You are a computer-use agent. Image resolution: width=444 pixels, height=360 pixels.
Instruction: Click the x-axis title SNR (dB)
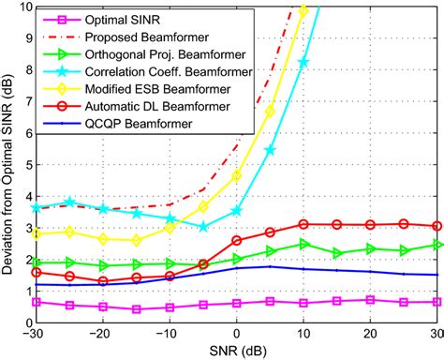tap(237, 350)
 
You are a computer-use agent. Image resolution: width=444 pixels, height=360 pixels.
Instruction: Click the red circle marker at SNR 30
tap(437, 226)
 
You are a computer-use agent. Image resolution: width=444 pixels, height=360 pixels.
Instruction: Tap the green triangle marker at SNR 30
tap(437, 245)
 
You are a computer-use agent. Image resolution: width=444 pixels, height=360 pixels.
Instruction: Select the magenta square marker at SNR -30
tap(37, 302)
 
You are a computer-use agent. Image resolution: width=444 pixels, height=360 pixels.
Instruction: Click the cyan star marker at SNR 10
tap(303, 62)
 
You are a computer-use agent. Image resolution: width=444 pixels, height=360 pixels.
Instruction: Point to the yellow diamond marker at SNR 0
tap(237, 175)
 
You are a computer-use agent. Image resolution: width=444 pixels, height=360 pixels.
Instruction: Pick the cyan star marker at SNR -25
tap(70, 202)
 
